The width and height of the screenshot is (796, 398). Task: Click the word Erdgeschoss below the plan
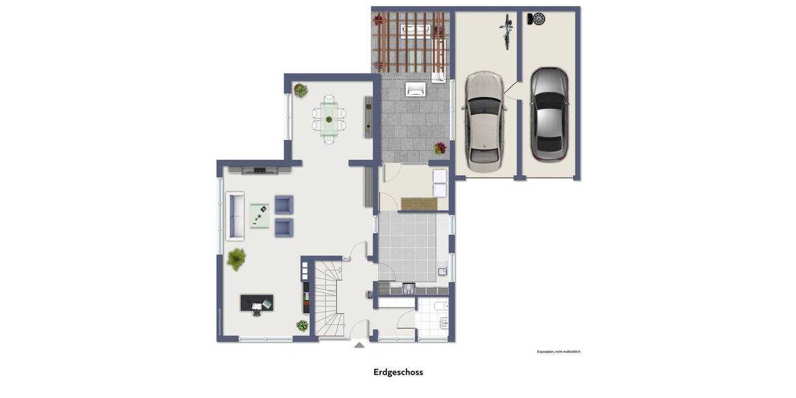click(x=398, y=372)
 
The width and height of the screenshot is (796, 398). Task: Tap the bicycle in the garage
click(x=507, y=31)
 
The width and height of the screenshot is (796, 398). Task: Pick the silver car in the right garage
click(x=549, y=113)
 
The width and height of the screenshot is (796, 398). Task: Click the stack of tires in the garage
click(x=537, y=19)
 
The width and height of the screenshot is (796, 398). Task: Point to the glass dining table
click(x=329, y=119)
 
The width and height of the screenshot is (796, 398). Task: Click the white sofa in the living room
click(x=235, y=216)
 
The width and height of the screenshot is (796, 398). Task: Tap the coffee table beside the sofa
click(x=259, y=216)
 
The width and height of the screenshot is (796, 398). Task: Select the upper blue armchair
click(x=284, y=205)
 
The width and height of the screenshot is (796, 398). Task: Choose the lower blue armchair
click(x=284, y=228)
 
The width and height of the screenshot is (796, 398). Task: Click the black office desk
click(x=257, y=303)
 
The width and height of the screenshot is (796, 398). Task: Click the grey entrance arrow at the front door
click(x=359, y=345)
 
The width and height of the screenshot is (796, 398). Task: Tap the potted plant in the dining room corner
click(x=300, y=90)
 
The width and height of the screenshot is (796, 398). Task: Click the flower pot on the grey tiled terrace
click(x=440, y=148)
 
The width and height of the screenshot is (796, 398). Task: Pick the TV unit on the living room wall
click(x=259, y=170)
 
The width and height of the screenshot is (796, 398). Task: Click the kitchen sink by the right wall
click(x=442, y=271)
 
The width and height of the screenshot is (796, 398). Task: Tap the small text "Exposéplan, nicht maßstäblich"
click(x=559, y=352)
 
